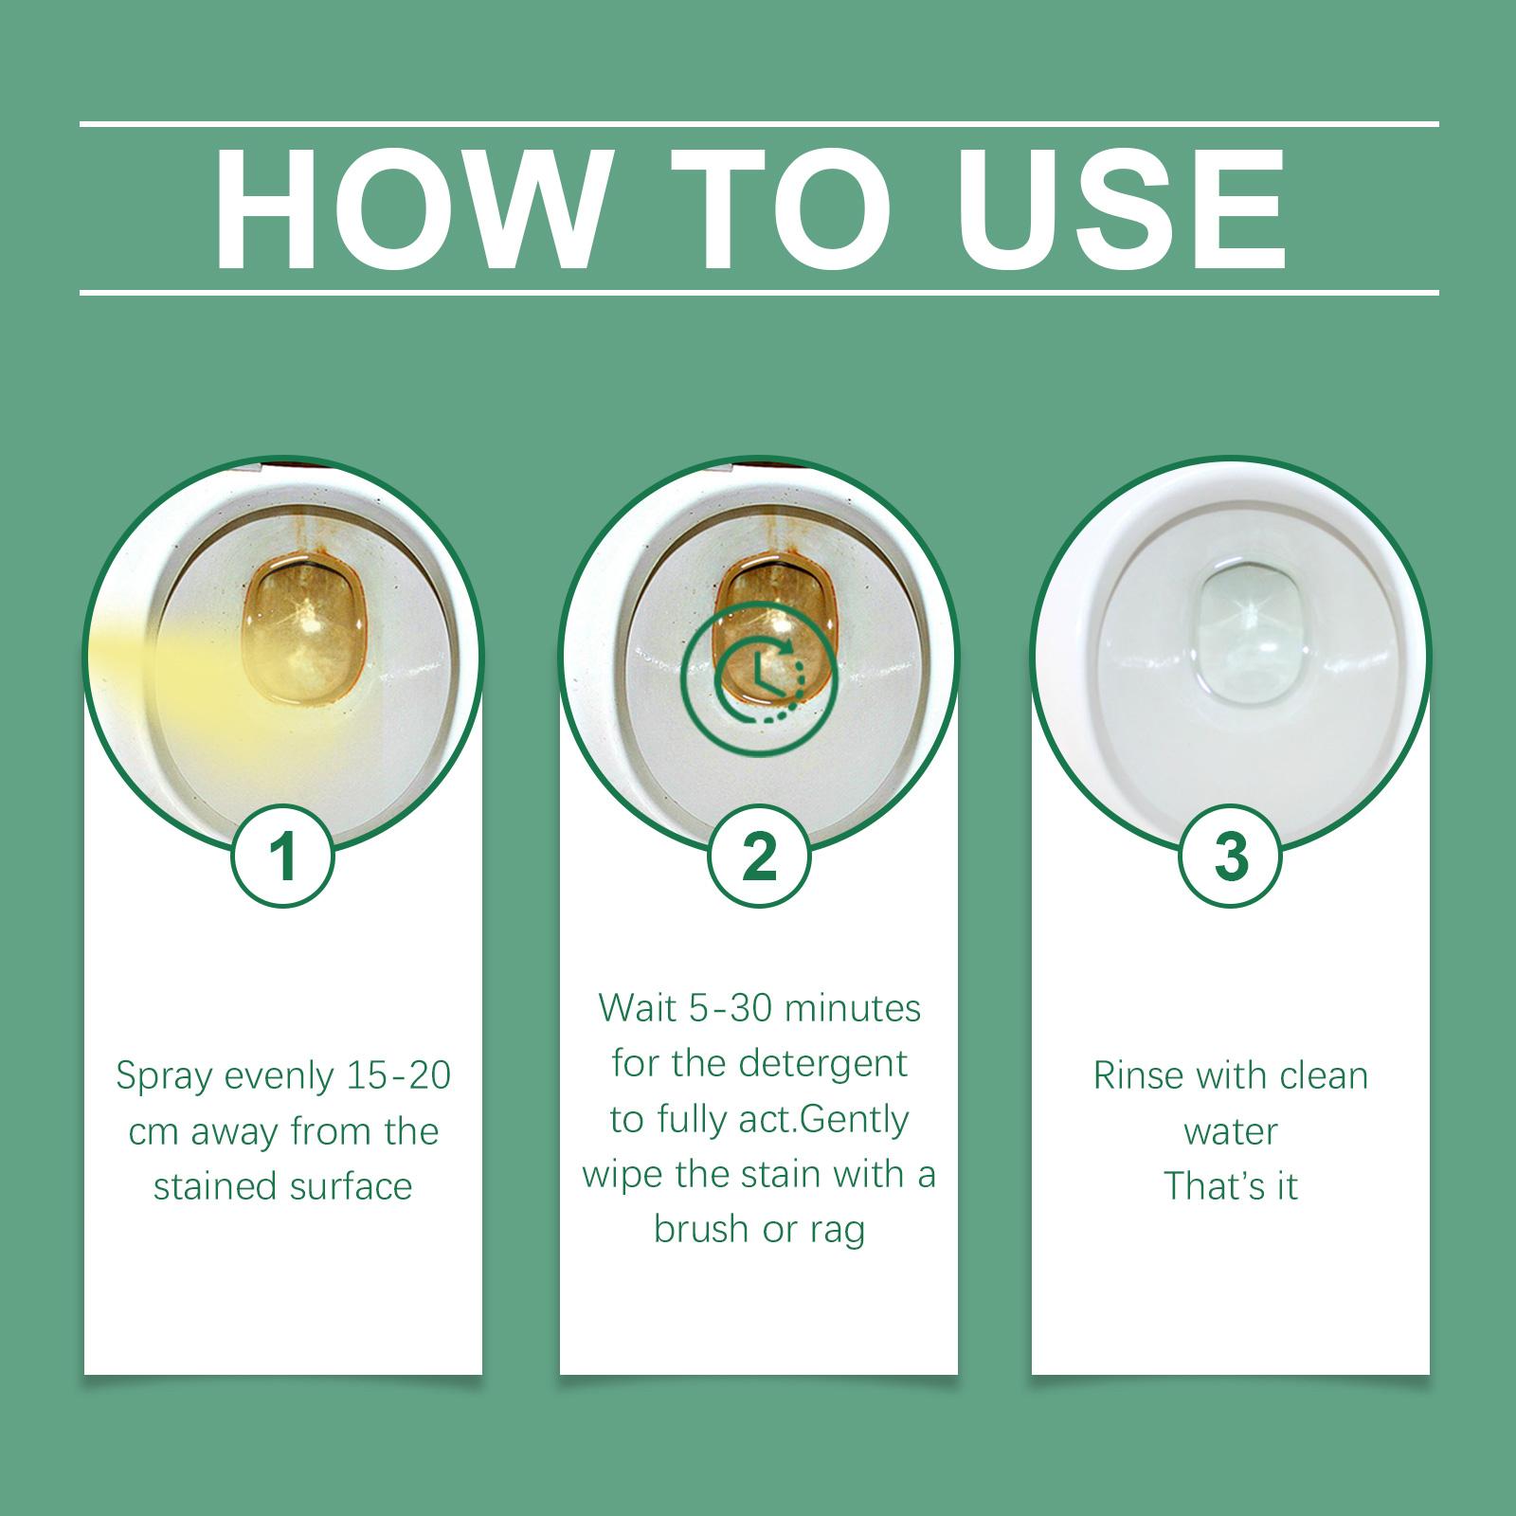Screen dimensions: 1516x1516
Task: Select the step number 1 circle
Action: point(283,856)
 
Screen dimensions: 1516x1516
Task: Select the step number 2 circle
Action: point(759,856)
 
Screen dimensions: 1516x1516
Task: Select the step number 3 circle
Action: point(1231,856)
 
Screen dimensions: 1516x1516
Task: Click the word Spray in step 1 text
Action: point(161,1077)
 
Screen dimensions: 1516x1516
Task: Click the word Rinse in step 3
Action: point(1137,1076)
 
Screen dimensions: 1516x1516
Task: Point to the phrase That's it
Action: point(1231,1186)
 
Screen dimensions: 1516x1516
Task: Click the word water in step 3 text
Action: point(1231,1132)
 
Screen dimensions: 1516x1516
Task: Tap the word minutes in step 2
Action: point(853,1008)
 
